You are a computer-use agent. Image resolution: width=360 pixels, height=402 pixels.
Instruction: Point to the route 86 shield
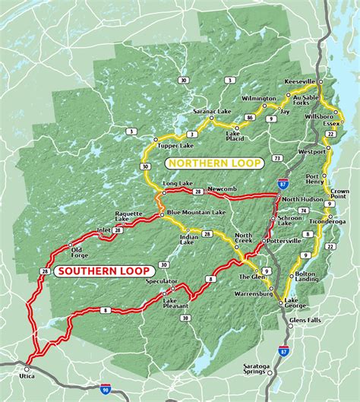tap(248, 118)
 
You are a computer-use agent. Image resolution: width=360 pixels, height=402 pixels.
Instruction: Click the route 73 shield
tap(278, 158)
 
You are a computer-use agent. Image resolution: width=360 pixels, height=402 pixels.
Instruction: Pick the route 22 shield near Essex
tap(330, 134)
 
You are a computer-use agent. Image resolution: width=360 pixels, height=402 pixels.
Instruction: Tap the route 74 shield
tap(303, 210)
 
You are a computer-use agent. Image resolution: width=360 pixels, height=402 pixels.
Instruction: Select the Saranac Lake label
tap(211, 112)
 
